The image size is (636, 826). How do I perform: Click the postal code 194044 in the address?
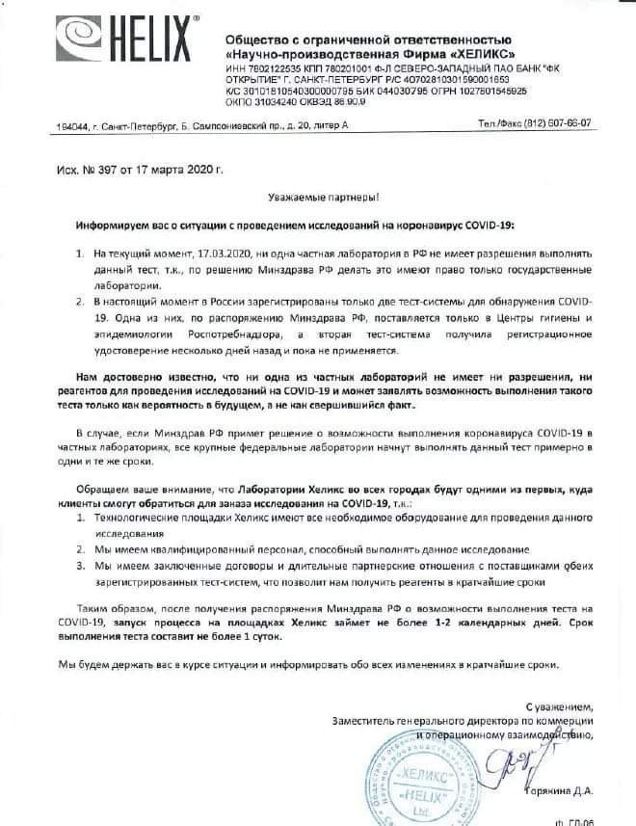pyautogui.click(x=46, y=126)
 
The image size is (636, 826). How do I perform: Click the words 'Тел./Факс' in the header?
pyautogui.click(x=499, y=124)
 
